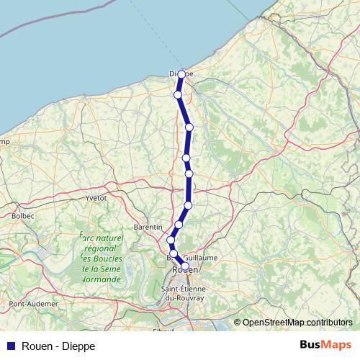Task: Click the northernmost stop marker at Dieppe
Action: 181,74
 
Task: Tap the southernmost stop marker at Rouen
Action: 185,266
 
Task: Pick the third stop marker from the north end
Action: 189,127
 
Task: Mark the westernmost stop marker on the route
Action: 171,240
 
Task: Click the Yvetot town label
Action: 96,197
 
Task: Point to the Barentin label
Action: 148,226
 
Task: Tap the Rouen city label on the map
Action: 184,271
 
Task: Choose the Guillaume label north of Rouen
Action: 200,257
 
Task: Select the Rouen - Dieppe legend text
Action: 57,346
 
